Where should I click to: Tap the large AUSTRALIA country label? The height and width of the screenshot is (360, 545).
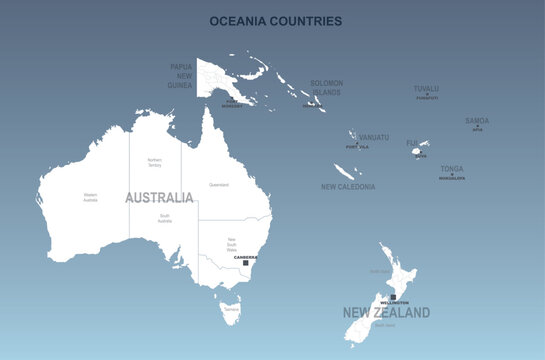click(159, 198)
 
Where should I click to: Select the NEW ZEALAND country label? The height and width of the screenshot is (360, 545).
click(386, 313)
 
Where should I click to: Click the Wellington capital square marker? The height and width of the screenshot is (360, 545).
click(394, 297)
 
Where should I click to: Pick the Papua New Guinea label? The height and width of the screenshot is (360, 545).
click(180, 76)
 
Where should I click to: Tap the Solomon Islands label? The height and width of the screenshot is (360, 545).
click(326, 88)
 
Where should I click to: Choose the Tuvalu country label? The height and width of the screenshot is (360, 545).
click(426, 88)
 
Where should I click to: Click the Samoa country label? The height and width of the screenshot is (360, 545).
click(477, 121)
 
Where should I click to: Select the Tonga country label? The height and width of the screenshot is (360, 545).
click(451, 169)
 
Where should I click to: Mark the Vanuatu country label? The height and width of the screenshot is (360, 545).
click(374, 137)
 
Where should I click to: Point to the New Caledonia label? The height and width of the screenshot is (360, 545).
click(348, 187)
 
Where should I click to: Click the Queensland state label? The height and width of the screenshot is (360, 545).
click(218, 185)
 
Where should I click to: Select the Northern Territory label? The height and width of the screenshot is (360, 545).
click(155, 162)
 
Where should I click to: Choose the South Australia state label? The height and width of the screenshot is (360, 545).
click(164, 218)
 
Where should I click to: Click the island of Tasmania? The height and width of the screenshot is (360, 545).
click(231, 314)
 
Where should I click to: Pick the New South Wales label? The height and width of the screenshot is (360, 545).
click(231, 243)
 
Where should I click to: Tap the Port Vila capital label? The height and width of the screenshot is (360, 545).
click(357, 147)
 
